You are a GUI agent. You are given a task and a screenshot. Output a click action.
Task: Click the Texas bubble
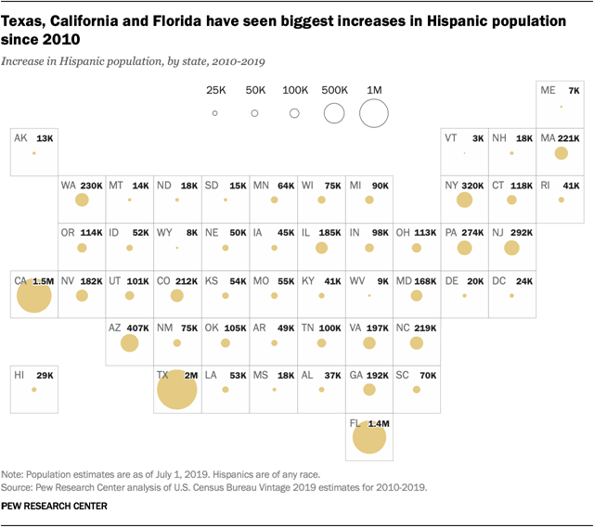point(177,389)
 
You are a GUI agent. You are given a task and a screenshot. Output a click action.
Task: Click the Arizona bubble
point(129,342)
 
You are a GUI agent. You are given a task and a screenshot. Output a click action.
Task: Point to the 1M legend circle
point(374,113)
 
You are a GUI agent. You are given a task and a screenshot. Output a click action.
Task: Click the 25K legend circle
point(214,113)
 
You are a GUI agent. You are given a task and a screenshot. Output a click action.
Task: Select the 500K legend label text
point(334,90)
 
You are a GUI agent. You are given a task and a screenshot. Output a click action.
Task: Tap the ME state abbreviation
point(548,90)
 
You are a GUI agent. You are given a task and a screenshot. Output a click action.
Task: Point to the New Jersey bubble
point(511,248)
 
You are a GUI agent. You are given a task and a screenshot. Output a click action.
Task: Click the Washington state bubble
point(82,200)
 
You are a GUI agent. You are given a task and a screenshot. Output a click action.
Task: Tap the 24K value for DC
point(524,280)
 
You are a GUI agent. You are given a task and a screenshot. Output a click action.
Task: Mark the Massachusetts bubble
point(561,153)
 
